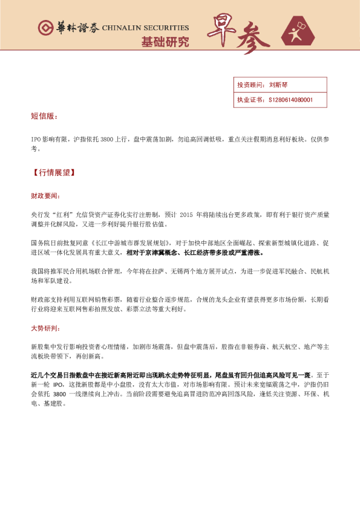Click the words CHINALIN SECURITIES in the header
click(x=145, y=28)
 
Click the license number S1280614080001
click(x=290, y=100)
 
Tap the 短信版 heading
click(x=44, y=115)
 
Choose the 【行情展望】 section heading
click(x=53, y=172)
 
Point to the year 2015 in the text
click(x=189, y=215)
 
